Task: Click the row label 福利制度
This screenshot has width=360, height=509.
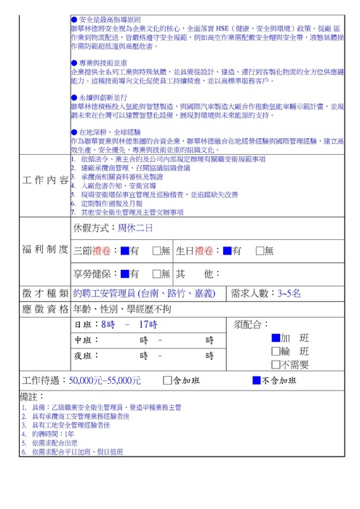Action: (46, 250)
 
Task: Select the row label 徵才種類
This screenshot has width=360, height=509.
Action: (46, 294)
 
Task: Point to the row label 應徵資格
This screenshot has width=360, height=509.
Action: (46, 309)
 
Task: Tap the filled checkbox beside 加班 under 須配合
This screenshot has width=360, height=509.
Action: (275, 338)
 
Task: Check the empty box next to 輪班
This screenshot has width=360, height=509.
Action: (275, 351)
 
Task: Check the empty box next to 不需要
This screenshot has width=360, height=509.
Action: (275, 364)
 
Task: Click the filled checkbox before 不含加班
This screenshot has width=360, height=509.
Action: (256, 380)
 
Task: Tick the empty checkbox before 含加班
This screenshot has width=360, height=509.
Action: (168, 380)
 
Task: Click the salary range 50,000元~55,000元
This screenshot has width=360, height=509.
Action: (105, 380)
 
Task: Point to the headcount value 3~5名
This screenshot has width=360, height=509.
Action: (294, 294)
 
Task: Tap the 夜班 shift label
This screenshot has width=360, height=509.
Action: (84, 356)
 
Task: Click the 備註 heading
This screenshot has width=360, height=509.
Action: (28, 396)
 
